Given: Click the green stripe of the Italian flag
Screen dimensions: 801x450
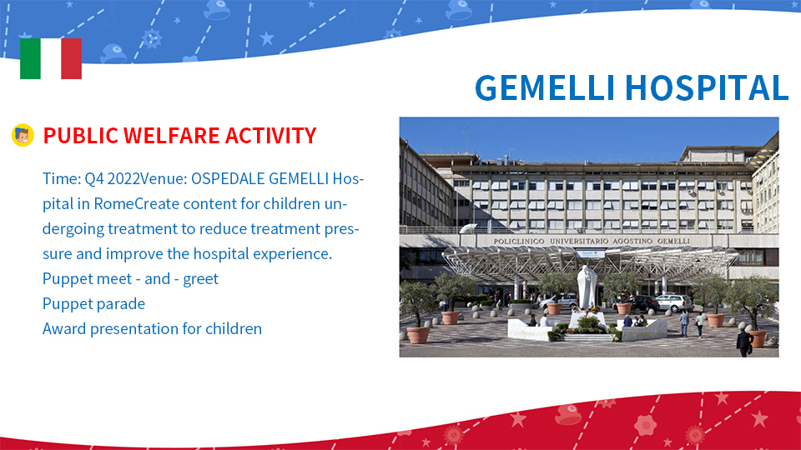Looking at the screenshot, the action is tap(30, 58).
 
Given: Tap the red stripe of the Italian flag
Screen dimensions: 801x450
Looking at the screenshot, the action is tap(72, 58).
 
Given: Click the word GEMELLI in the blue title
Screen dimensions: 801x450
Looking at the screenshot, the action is tap(545, 88).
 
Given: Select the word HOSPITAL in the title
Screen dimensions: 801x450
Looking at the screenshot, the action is tap(707, 88).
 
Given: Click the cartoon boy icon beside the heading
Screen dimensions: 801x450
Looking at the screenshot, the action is tap(23, 135).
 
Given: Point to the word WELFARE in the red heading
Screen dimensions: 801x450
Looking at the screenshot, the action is tap(172, 136).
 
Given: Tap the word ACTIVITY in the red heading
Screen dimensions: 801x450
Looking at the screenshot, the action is tap(270, 136).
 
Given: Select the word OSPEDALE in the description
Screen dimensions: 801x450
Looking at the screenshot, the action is tap(228, 179).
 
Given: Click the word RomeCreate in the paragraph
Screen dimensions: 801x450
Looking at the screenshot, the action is tap(136, 204).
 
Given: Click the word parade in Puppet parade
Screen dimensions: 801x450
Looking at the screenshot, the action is tap(121, 304).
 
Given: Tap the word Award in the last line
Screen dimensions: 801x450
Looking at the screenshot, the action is tap(64, 329).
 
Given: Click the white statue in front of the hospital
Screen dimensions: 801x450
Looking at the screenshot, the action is tap(587, 287).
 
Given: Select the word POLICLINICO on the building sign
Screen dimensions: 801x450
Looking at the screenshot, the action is tap(519, 242).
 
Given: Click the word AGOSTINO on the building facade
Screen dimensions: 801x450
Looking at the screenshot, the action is tap(633, 241).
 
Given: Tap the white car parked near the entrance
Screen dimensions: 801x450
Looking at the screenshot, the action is tap(673, 302).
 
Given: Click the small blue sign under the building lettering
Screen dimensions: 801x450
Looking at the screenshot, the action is tap(591, 253).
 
